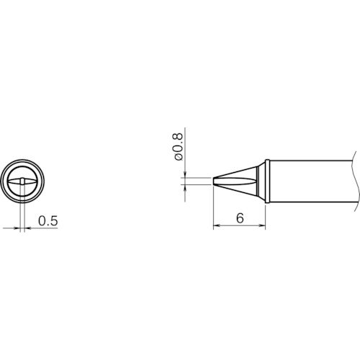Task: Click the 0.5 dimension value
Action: [47, 222]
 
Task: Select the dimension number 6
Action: [238, 219]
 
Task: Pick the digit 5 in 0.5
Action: [53, 222]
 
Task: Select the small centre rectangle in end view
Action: [23, 180]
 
